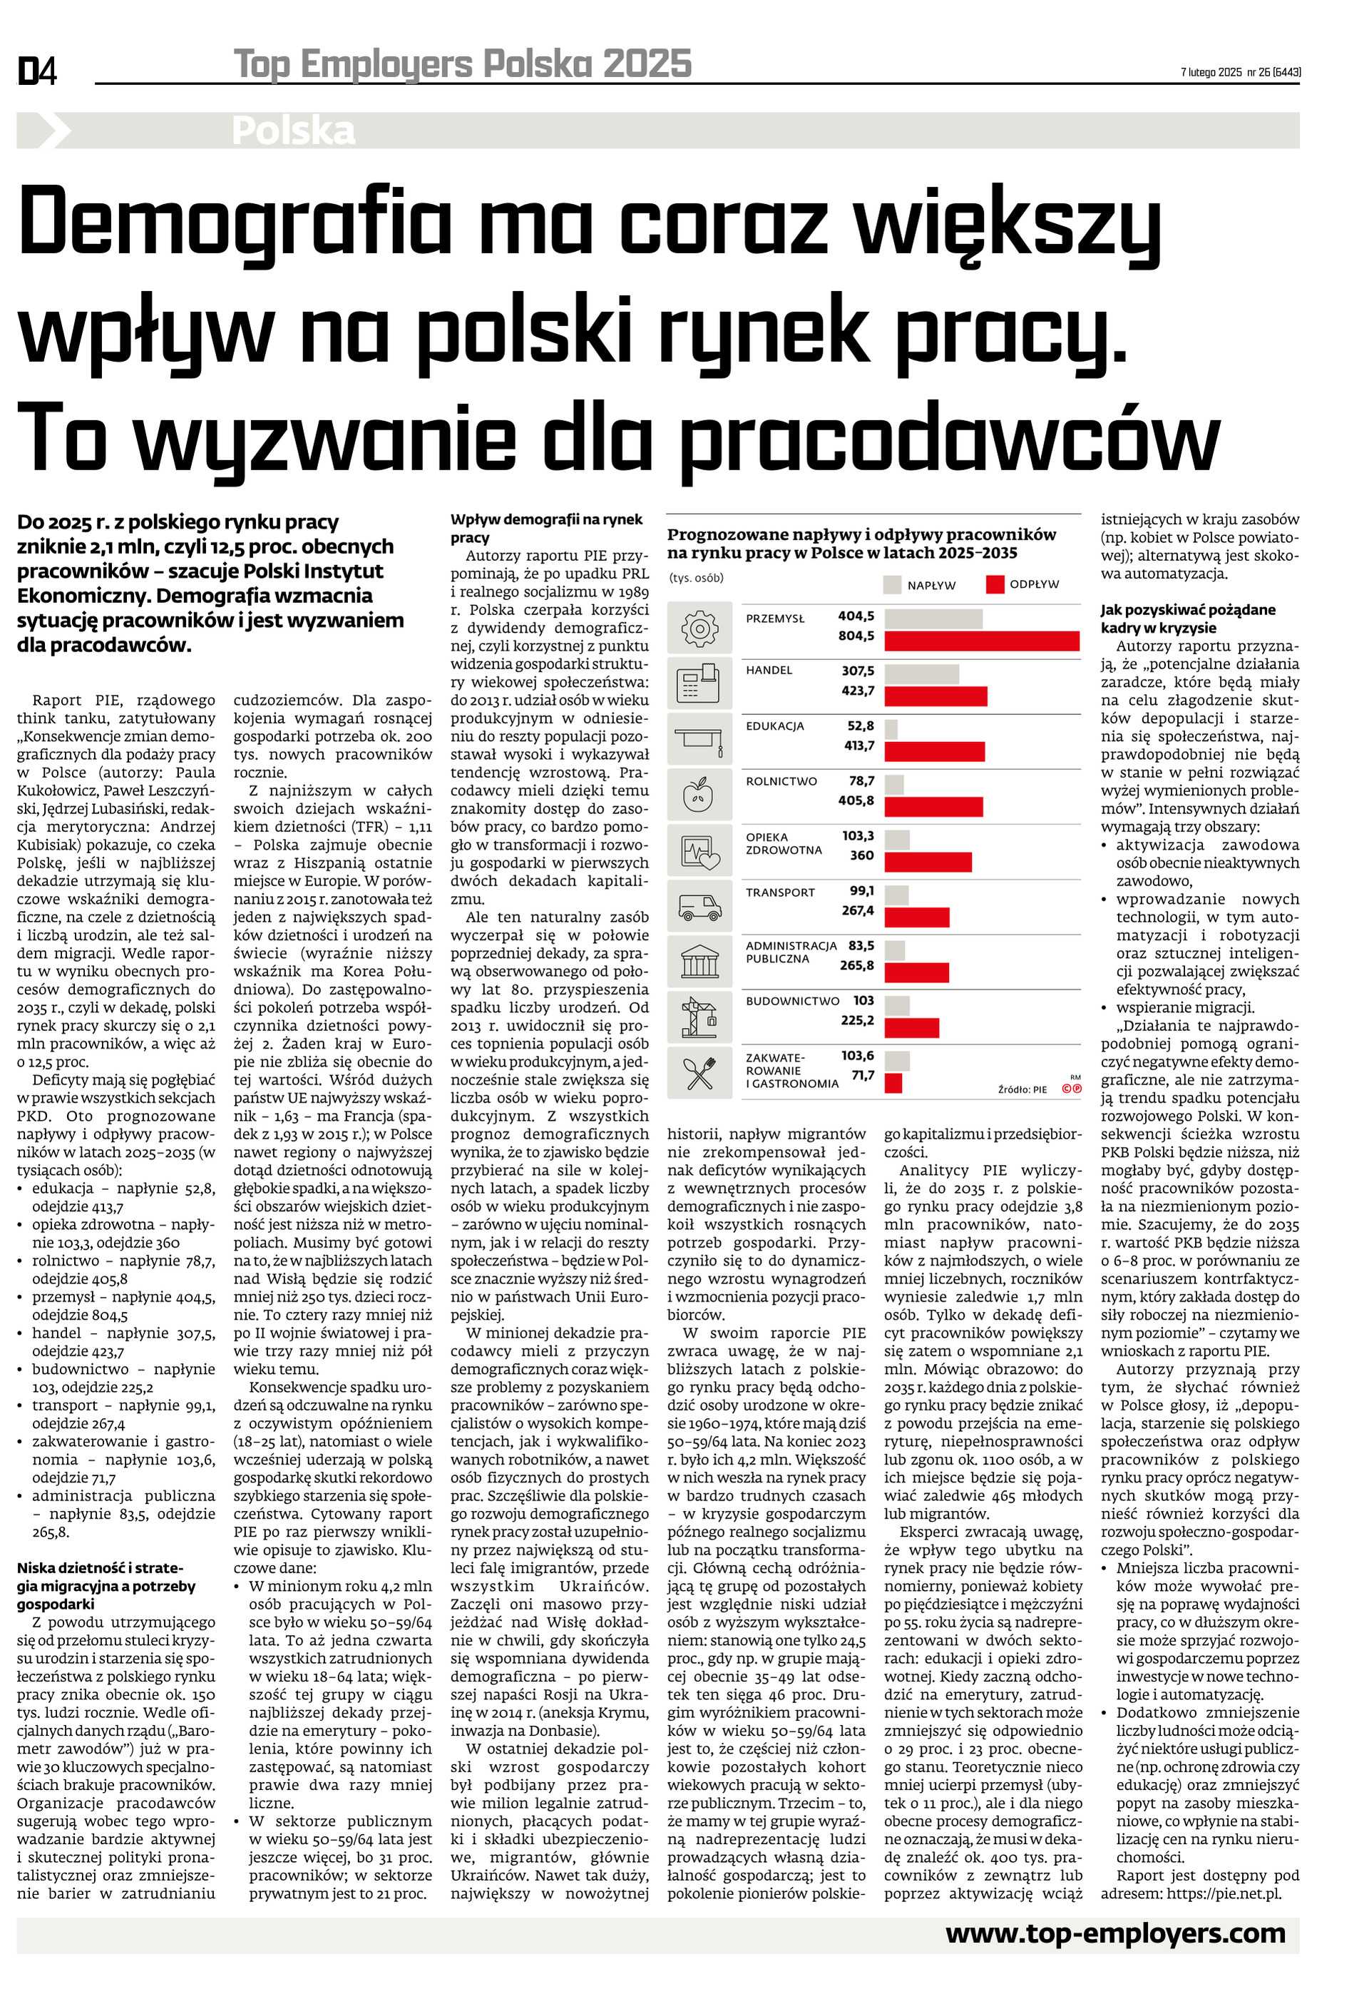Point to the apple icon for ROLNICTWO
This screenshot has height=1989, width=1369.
pos(700,795)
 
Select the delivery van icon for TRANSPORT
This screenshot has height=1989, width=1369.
pos(700,906)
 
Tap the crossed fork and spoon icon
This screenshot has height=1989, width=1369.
pos(700,1072)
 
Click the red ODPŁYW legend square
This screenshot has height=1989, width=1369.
pos(995,584)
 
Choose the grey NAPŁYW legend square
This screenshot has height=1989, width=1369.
pos(892,585)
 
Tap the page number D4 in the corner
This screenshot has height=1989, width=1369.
pos(37,71)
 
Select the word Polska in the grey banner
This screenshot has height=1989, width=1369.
pos(293,131)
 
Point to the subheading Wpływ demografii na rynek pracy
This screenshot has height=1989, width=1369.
pos(546,528)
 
